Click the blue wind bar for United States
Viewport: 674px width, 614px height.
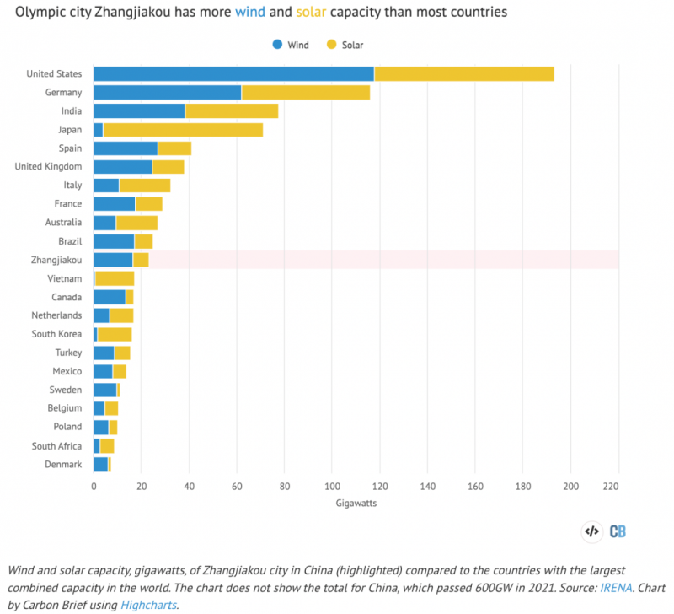(x=233, y=74)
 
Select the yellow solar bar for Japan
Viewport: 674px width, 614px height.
(x=183, y=130)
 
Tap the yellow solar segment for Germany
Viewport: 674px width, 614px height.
(x=306, y=93)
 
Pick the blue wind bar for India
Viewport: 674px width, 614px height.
(x=139, y=111)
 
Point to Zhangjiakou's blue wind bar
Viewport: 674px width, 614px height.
(x=113, y=260)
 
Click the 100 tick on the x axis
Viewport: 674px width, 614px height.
(x=332, y=486)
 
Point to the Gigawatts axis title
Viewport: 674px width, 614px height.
(x=356, y=503)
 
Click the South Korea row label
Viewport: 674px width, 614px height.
(x=56, y=334)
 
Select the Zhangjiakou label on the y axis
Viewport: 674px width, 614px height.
(x=55, y=260)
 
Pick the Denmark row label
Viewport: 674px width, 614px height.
(x=63, y=464)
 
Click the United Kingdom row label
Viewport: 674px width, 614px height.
(x=49, y=167)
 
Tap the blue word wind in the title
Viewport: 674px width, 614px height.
(x=253, y=13)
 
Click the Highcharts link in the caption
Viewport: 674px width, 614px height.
(x=149, y=604)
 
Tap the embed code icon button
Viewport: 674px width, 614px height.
(x=591, y=531)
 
